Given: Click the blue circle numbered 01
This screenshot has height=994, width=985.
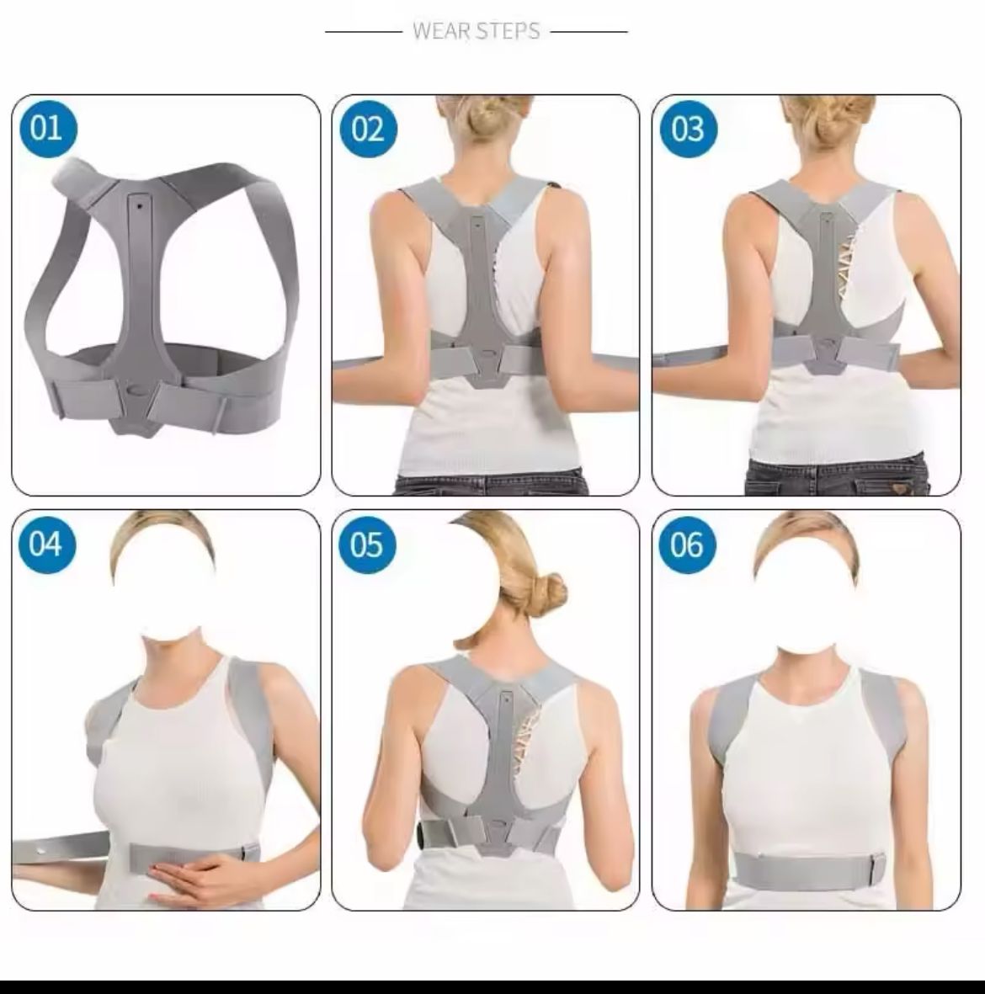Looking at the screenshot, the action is point(49,128).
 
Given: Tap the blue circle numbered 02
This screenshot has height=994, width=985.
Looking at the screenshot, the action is point(369,129).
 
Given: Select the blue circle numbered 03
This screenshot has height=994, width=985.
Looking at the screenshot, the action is point(689,129).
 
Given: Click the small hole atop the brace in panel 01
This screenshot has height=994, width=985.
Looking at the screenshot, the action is point(139,205).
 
